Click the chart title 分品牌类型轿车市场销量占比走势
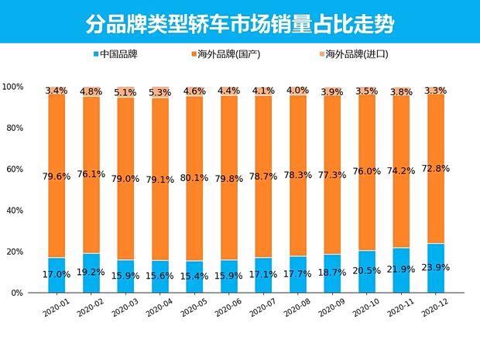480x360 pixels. click(239, 23)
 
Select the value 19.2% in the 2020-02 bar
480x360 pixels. click(91, 273)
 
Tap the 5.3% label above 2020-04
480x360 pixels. click(159, 93)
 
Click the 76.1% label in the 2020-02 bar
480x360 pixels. click(91, 174)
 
